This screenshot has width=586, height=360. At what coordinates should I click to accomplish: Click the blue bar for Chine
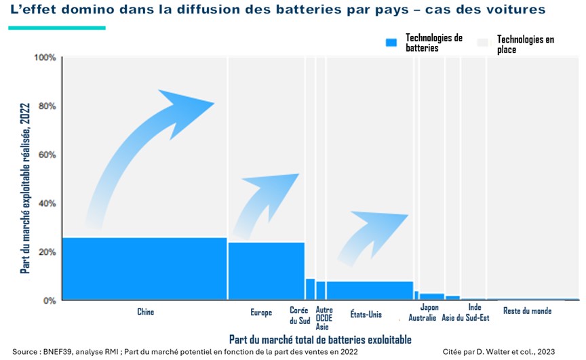[144, 268]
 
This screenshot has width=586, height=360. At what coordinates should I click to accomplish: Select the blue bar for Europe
[266, 271]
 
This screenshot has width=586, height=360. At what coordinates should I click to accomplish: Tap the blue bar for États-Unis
[370, 290]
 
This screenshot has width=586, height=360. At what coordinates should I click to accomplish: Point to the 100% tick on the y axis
[46, 58]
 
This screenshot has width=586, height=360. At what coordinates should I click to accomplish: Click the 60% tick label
[46, 155]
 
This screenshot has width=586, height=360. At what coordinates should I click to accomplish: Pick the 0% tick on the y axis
[49, 300]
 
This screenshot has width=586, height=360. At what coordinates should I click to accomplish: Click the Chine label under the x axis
[145, 313]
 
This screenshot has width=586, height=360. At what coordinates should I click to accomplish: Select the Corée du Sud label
[299, 315]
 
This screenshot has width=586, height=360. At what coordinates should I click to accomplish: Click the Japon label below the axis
[429, 308]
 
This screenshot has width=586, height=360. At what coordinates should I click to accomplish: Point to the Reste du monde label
[527, 311]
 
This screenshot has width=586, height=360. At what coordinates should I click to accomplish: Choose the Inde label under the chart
[475, 308]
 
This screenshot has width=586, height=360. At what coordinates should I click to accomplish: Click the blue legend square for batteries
[391, 43]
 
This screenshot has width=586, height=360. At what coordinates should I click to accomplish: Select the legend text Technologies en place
[525, 45]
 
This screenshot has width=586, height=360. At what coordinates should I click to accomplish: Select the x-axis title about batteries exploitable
[319, 339]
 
